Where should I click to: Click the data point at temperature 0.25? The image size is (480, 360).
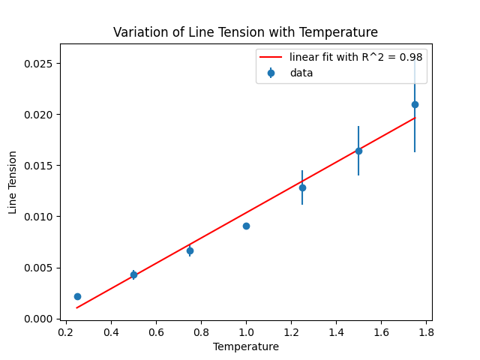pos(77,296)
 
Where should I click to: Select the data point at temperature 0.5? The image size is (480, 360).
pos(133,274)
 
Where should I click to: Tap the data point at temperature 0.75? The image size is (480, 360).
pos(190,250)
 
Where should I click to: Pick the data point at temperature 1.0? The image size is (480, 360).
pos(246,226)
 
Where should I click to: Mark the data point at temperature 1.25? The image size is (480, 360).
pos(302,187)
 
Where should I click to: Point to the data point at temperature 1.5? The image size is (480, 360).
pos(358,151)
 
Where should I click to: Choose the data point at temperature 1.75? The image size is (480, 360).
pos(415,104)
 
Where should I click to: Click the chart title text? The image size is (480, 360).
pos(245,32)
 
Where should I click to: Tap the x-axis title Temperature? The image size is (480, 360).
pos(245,346)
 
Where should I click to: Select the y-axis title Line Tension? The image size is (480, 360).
pos(13,182)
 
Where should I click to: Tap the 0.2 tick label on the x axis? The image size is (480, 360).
pos(66,331)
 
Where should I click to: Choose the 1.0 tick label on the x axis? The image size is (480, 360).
pos(246,331)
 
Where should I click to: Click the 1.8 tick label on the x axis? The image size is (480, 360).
pos(426,331)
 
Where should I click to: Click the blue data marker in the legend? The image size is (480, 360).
pos(271,73)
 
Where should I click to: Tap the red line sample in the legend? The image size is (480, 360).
pos(271,57)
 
